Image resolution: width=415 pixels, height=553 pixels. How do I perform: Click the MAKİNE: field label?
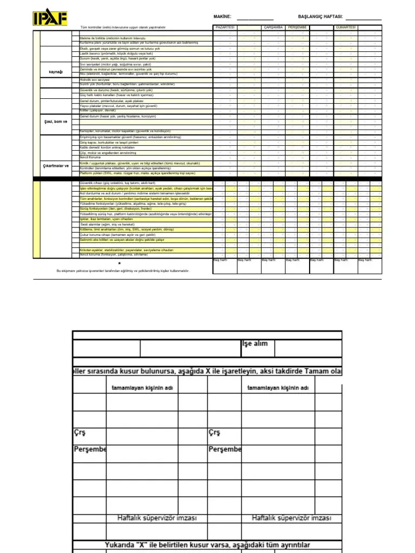point(223,17)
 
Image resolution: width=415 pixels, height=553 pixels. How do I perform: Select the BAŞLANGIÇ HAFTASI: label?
point(320,17)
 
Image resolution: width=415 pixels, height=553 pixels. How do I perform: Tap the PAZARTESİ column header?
point(225,26)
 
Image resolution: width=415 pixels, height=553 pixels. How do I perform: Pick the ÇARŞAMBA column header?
point(273,26)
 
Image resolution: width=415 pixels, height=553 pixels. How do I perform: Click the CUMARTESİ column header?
point(345,26)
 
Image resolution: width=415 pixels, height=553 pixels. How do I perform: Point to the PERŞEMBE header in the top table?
point(297,26)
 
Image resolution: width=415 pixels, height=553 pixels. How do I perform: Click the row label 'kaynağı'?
point(56,71)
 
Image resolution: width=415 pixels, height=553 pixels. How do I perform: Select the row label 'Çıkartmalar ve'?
point(56,166)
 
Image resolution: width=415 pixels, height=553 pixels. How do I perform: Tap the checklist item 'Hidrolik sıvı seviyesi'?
point(95,79)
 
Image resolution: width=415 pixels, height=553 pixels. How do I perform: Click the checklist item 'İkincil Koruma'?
point(90,157)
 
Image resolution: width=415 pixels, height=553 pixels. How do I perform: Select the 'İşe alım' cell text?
point(254,343)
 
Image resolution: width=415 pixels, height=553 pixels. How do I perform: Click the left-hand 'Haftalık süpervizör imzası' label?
point(157,518)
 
